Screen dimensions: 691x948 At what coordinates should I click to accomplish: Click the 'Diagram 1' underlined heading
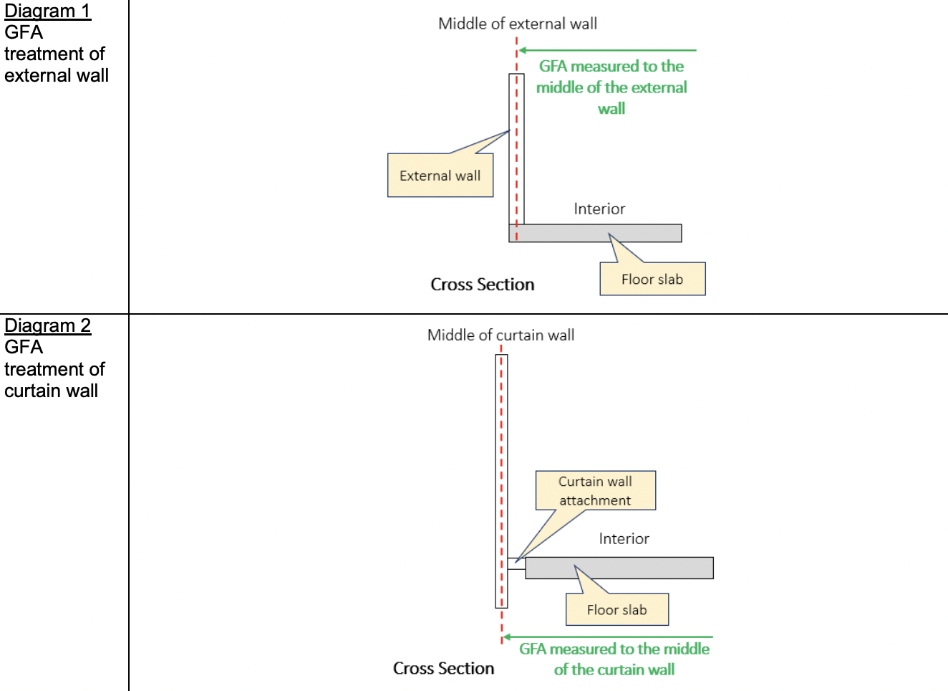[47, 11]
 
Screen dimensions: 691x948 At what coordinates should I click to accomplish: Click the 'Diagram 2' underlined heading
[47, 326]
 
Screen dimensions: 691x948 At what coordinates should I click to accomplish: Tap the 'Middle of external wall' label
[517, 24]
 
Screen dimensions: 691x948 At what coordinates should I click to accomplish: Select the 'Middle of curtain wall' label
[500, 335]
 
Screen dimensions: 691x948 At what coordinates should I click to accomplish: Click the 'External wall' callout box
[440, 176]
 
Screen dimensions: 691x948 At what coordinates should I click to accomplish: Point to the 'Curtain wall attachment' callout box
[595, 491]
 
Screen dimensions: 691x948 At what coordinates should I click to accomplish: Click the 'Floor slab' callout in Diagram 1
[652, 279]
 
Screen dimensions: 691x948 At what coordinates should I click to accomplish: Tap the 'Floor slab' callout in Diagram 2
[616, 609]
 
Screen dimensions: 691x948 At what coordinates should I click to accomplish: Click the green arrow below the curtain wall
[609, 637]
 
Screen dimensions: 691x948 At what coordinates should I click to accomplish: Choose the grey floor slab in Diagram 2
[619, 568]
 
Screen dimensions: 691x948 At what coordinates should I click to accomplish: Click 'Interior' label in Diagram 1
[599, 209]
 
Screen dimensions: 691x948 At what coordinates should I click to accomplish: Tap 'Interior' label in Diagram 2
[624, 538]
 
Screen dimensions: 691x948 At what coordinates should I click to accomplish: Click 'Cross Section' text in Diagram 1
[482, 285]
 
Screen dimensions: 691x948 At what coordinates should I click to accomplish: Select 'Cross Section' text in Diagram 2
[443, 668]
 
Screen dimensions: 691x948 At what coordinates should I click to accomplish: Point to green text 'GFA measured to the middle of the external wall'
[611, 87]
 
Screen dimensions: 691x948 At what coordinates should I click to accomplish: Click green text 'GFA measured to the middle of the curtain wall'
[614, 659]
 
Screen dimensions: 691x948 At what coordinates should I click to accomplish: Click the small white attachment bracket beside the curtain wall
[517, 564]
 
